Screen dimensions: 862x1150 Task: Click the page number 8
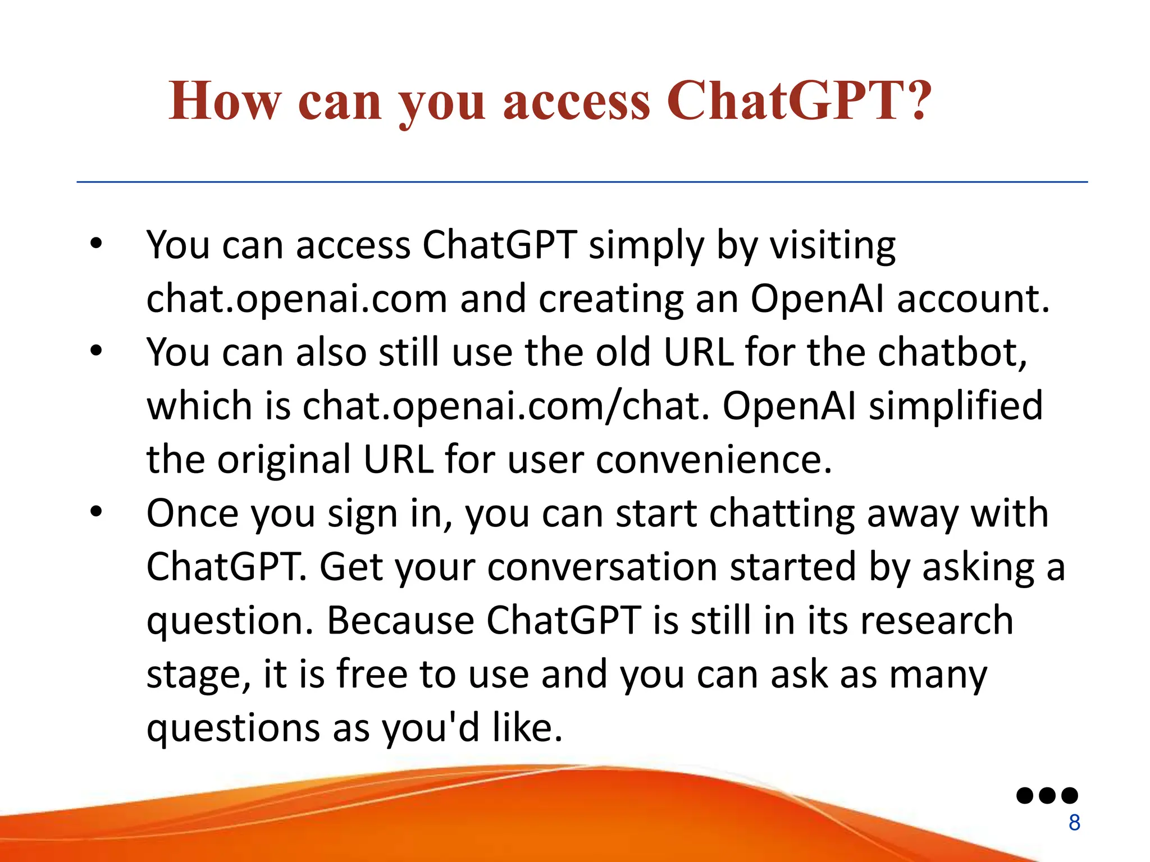coord(1074,823)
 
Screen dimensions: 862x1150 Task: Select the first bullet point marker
coord(97,245)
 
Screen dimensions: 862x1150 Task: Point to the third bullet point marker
coord(97,512)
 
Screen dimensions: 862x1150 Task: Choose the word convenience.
coord(713,460)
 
